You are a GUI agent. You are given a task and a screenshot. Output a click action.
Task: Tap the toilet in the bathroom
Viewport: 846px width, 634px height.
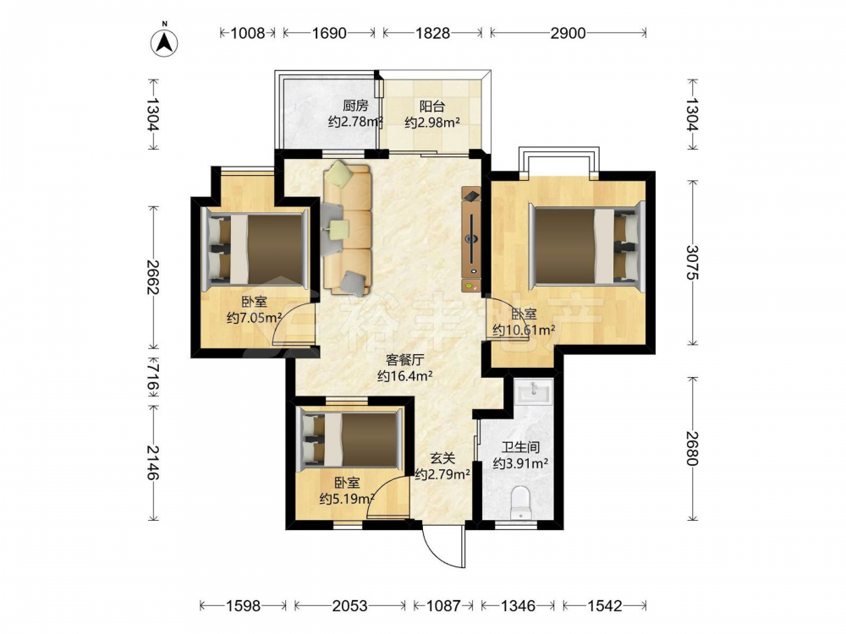tap(520, 502)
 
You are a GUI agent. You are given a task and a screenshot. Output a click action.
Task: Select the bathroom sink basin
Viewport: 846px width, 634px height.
tap(534, 391)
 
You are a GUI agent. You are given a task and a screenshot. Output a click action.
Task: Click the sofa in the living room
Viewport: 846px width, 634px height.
tap(346, 230)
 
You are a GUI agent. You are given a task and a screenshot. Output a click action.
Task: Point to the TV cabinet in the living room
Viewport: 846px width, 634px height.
tap(471, 239)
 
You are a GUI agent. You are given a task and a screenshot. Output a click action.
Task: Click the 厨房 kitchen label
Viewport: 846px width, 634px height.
tap(355, 106)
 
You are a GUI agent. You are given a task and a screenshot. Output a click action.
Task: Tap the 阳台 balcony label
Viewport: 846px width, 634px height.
tap(432, 107)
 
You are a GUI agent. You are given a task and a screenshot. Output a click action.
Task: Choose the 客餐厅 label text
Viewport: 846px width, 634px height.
tap(404, 359)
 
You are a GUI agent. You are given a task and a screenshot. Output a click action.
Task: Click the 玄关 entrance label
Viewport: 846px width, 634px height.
tap(442, 458)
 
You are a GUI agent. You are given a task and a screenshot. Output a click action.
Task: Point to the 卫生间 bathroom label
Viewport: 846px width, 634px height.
tap(520, 447)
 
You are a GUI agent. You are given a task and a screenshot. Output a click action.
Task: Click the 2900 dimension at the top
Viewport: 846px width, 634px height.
tap(569, 34)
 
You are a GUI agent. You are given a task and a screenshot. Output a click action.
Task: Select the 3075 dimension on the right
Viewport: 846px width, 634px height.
tap(693, 263)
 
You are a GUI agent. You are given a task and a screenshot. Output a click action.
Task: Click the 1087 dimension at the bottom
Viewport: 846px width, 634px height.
tap(443, 606)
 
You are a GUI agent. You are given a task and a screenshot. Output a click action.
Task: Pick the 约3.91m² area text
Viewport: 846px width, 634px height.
tap(520, 463)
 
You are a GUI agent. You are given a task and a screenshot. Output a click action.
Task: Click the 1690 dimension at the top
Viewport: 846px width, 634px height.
tap(329, 34)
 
